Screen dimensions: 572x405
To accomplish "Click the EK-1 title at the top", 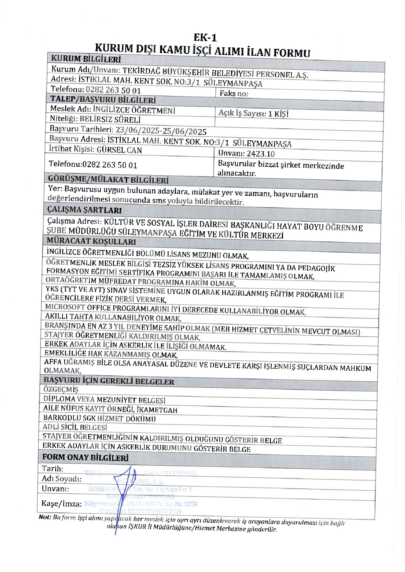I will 205,38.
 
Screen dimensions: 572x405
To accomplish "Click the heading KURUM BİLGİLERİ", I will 86,59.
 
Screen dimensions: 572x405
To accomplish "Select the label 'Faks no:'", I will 234,94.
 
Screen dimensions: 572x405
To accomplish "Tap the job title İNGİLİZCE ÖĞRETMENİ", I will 134,110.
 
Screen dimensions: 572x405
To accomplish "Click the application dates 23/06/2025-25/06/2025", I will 161,131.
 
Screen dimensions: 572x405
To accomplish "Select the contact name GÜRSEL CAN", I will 119,150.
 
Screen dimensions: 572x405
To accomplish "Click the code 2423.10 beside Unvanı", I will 261,154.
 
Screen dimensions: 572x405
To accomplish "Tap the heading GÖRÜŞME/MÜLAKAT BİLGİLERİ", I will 108,180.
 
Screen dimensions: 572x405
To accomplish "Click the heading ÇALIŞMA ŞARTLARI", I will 84,210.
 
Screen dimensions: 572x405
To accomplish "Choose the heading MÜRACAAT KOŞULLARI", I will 91,241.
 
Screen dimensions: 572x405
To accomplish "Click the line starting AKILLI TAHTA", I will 113,317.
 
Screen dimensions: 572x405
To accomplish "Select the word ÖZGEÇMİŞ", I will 61,389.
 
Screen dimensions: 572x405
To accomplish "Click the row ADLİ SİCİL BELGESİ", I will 75,427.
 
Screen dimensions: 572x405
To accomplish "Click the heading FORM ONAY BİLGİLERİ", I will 85,457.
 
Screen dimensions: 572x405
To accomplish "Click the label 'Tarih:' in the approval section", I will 52,469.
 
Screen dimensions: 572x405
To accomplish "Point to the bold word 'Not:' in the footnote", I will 45,517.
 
